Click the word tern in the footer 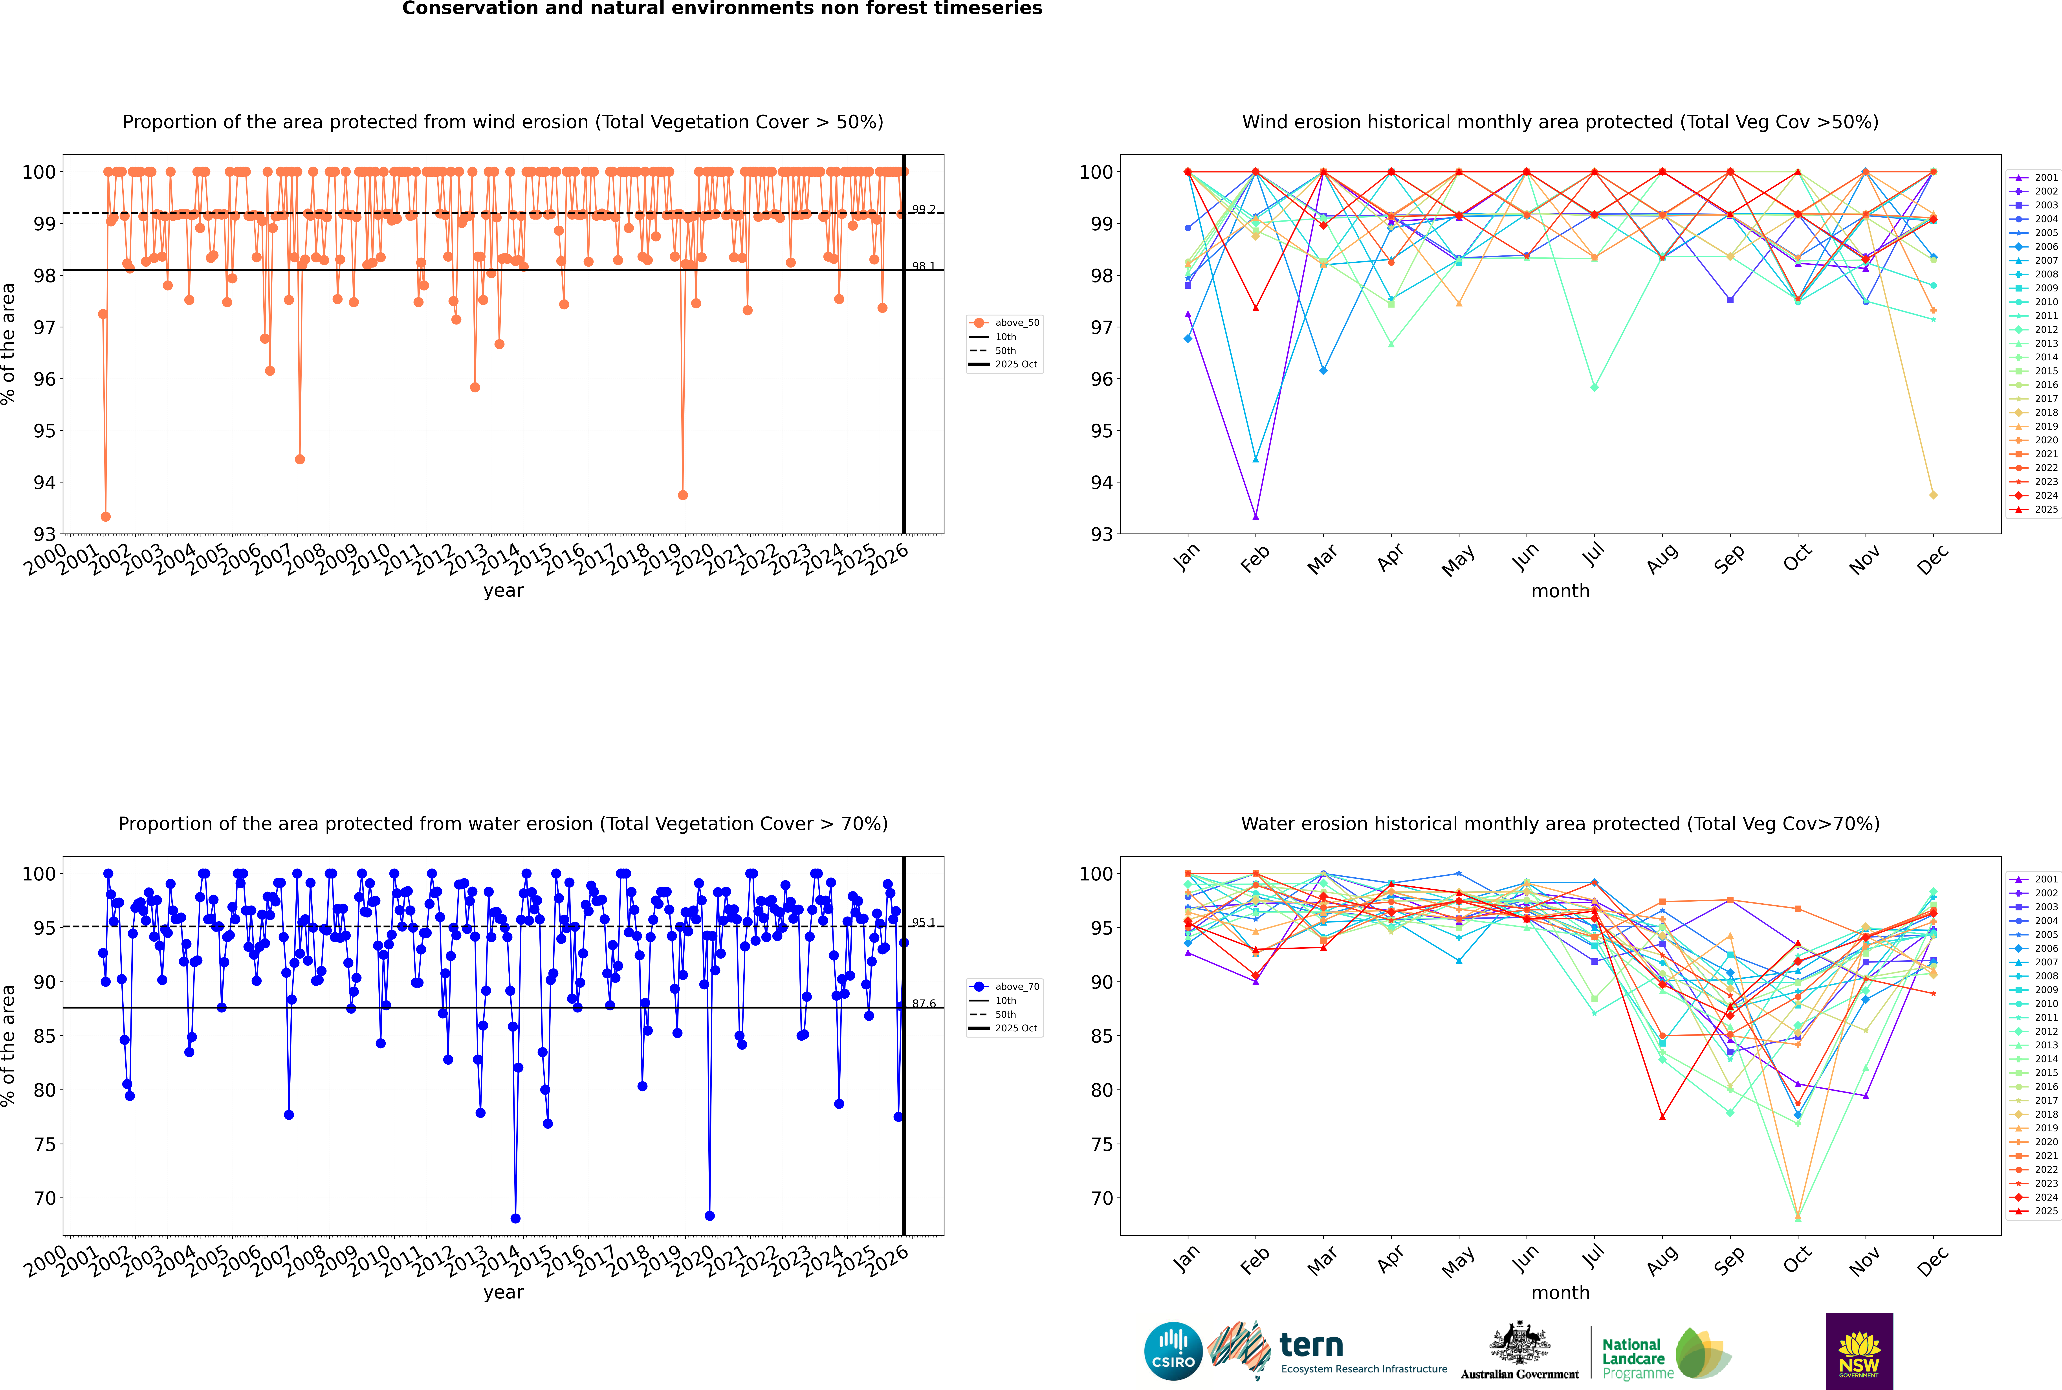(x=1311, y=1346)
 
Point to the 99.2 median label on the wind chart (x=923, y=209)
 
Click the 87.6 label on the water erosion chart (x=923, y=1003)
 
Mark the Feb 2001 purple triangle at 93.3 (x=1255, y=516)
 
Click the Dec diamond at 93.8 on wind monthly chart (x=1934, y=495)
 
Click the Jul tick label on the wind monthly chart (x=1593, y=555)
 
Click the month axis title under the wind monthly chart (x=1560, y=591)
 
